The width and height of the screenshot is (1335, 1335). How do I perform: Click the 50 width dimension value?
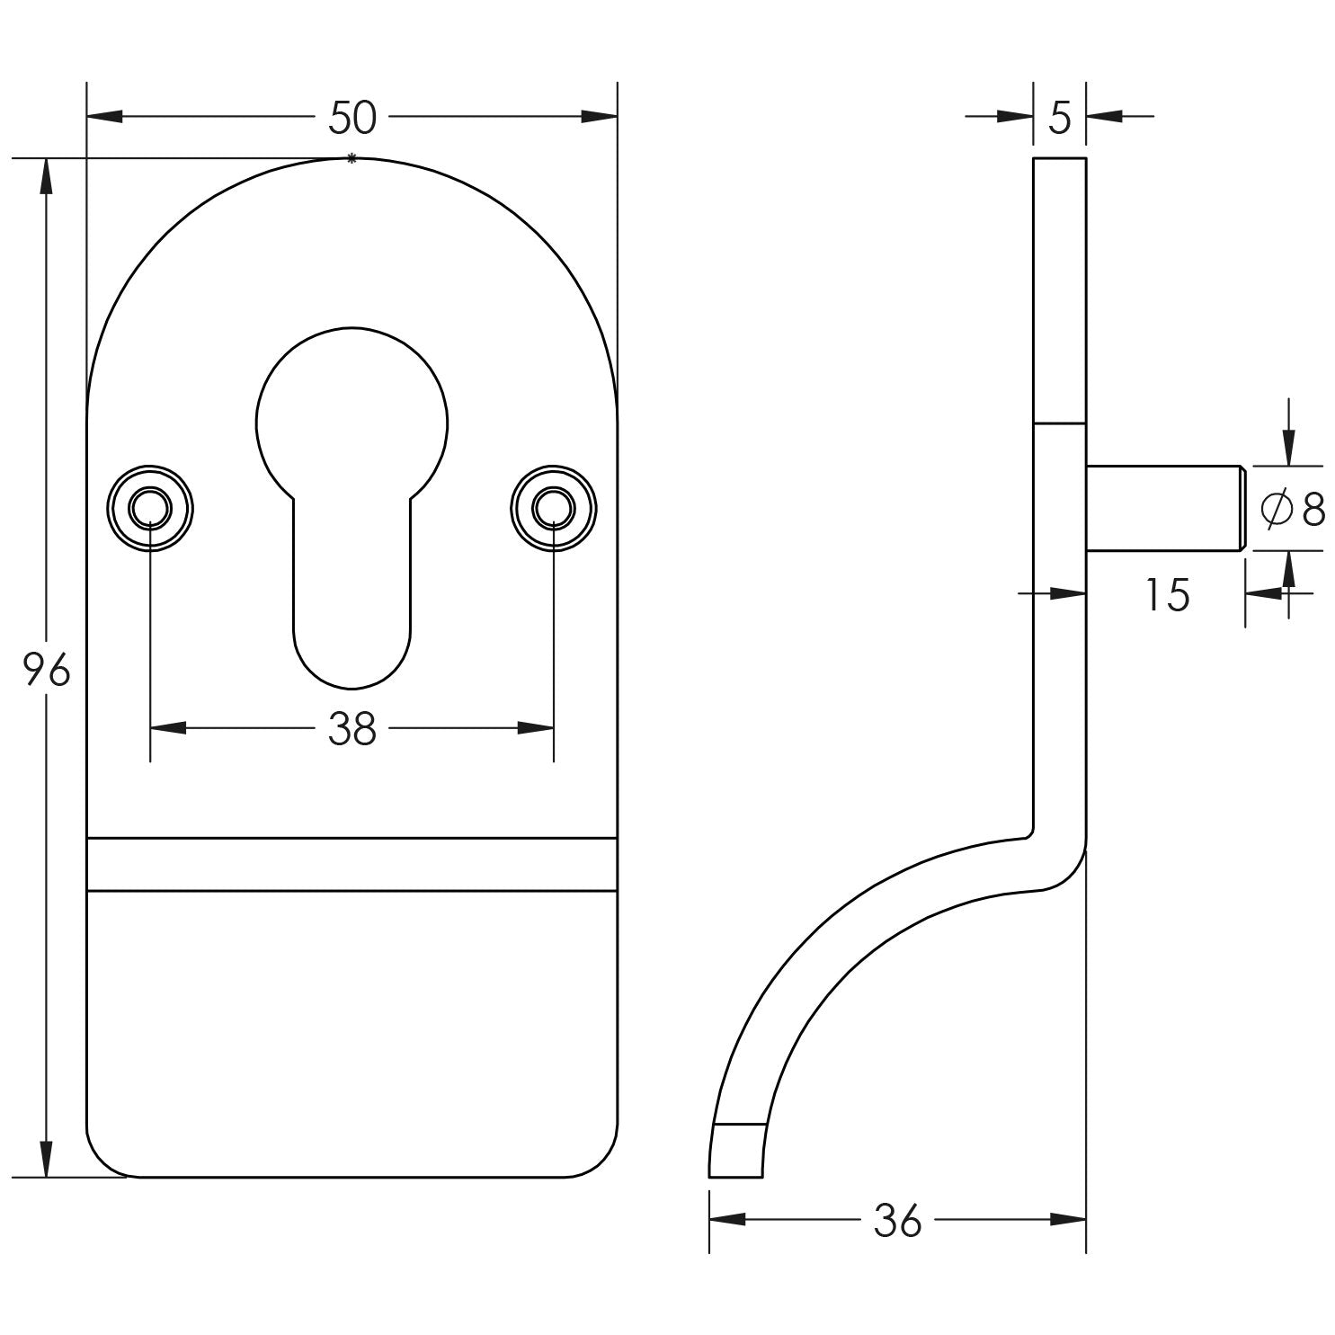352,118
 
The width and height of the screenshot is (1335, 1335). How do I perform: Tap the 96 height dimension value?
47,670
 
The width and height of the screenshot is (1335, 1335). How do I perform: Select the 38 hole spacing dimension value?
352,729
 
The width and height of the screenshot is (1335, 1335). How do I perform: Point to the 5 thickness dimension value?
1060,118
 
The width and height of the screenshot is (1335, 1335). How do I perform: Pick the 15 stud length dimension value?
1168,595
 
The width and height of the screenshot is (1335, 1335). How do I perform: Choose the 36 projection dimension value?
897,1221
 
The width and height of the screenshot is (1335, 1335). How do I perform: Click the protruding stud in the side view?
1164,508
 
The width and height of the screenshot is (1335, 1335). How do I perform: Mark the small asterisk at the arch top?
352,159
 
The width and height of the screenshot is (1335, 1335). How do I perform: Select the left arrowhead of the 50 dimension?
103,117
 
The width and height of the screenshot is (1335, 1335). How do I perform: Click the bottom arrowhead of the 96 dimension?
46,1159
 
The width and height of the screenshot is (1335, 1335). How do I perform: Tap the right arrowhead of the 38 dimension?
536,728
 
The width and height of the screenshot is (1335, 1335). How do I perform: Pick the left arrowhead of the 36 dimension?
727,1220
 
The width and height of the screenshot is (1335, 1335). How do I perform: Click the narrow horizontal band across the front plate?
352,864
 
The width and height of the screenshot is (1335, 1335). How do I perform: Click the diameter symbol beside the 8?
1275,510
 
